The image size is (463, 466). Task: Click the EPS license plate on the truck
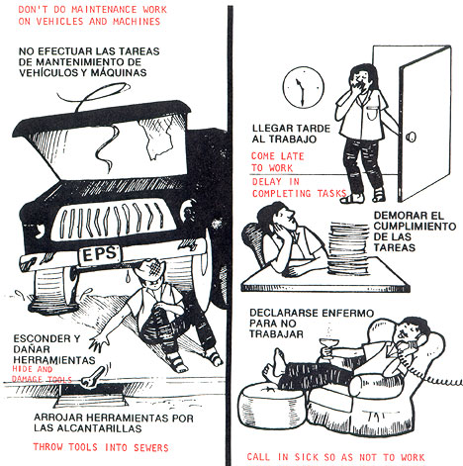click(x=100, y=255)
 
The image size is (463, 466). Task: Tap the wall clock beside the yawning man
click(x=304, y=87)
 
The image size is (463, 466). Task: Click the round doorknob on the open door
click(x=412, y=137)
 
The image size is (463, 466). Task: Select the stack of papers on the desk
click(x=349, y=248)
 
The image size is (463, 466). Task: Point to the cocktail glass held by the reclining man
click(x=327, y=348)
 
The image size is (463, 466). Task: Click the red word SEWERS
click(x=151, y=447)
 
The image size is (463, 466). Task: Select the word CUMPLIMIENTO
click(x=415, y=227)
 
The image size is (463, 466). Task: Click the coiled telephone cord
click(x=435, y=378)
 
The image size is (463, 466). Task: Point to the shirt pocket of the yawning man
click(x=372, y=114)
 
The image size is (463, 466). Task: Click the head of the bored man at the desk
click(x=277, y=217)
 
